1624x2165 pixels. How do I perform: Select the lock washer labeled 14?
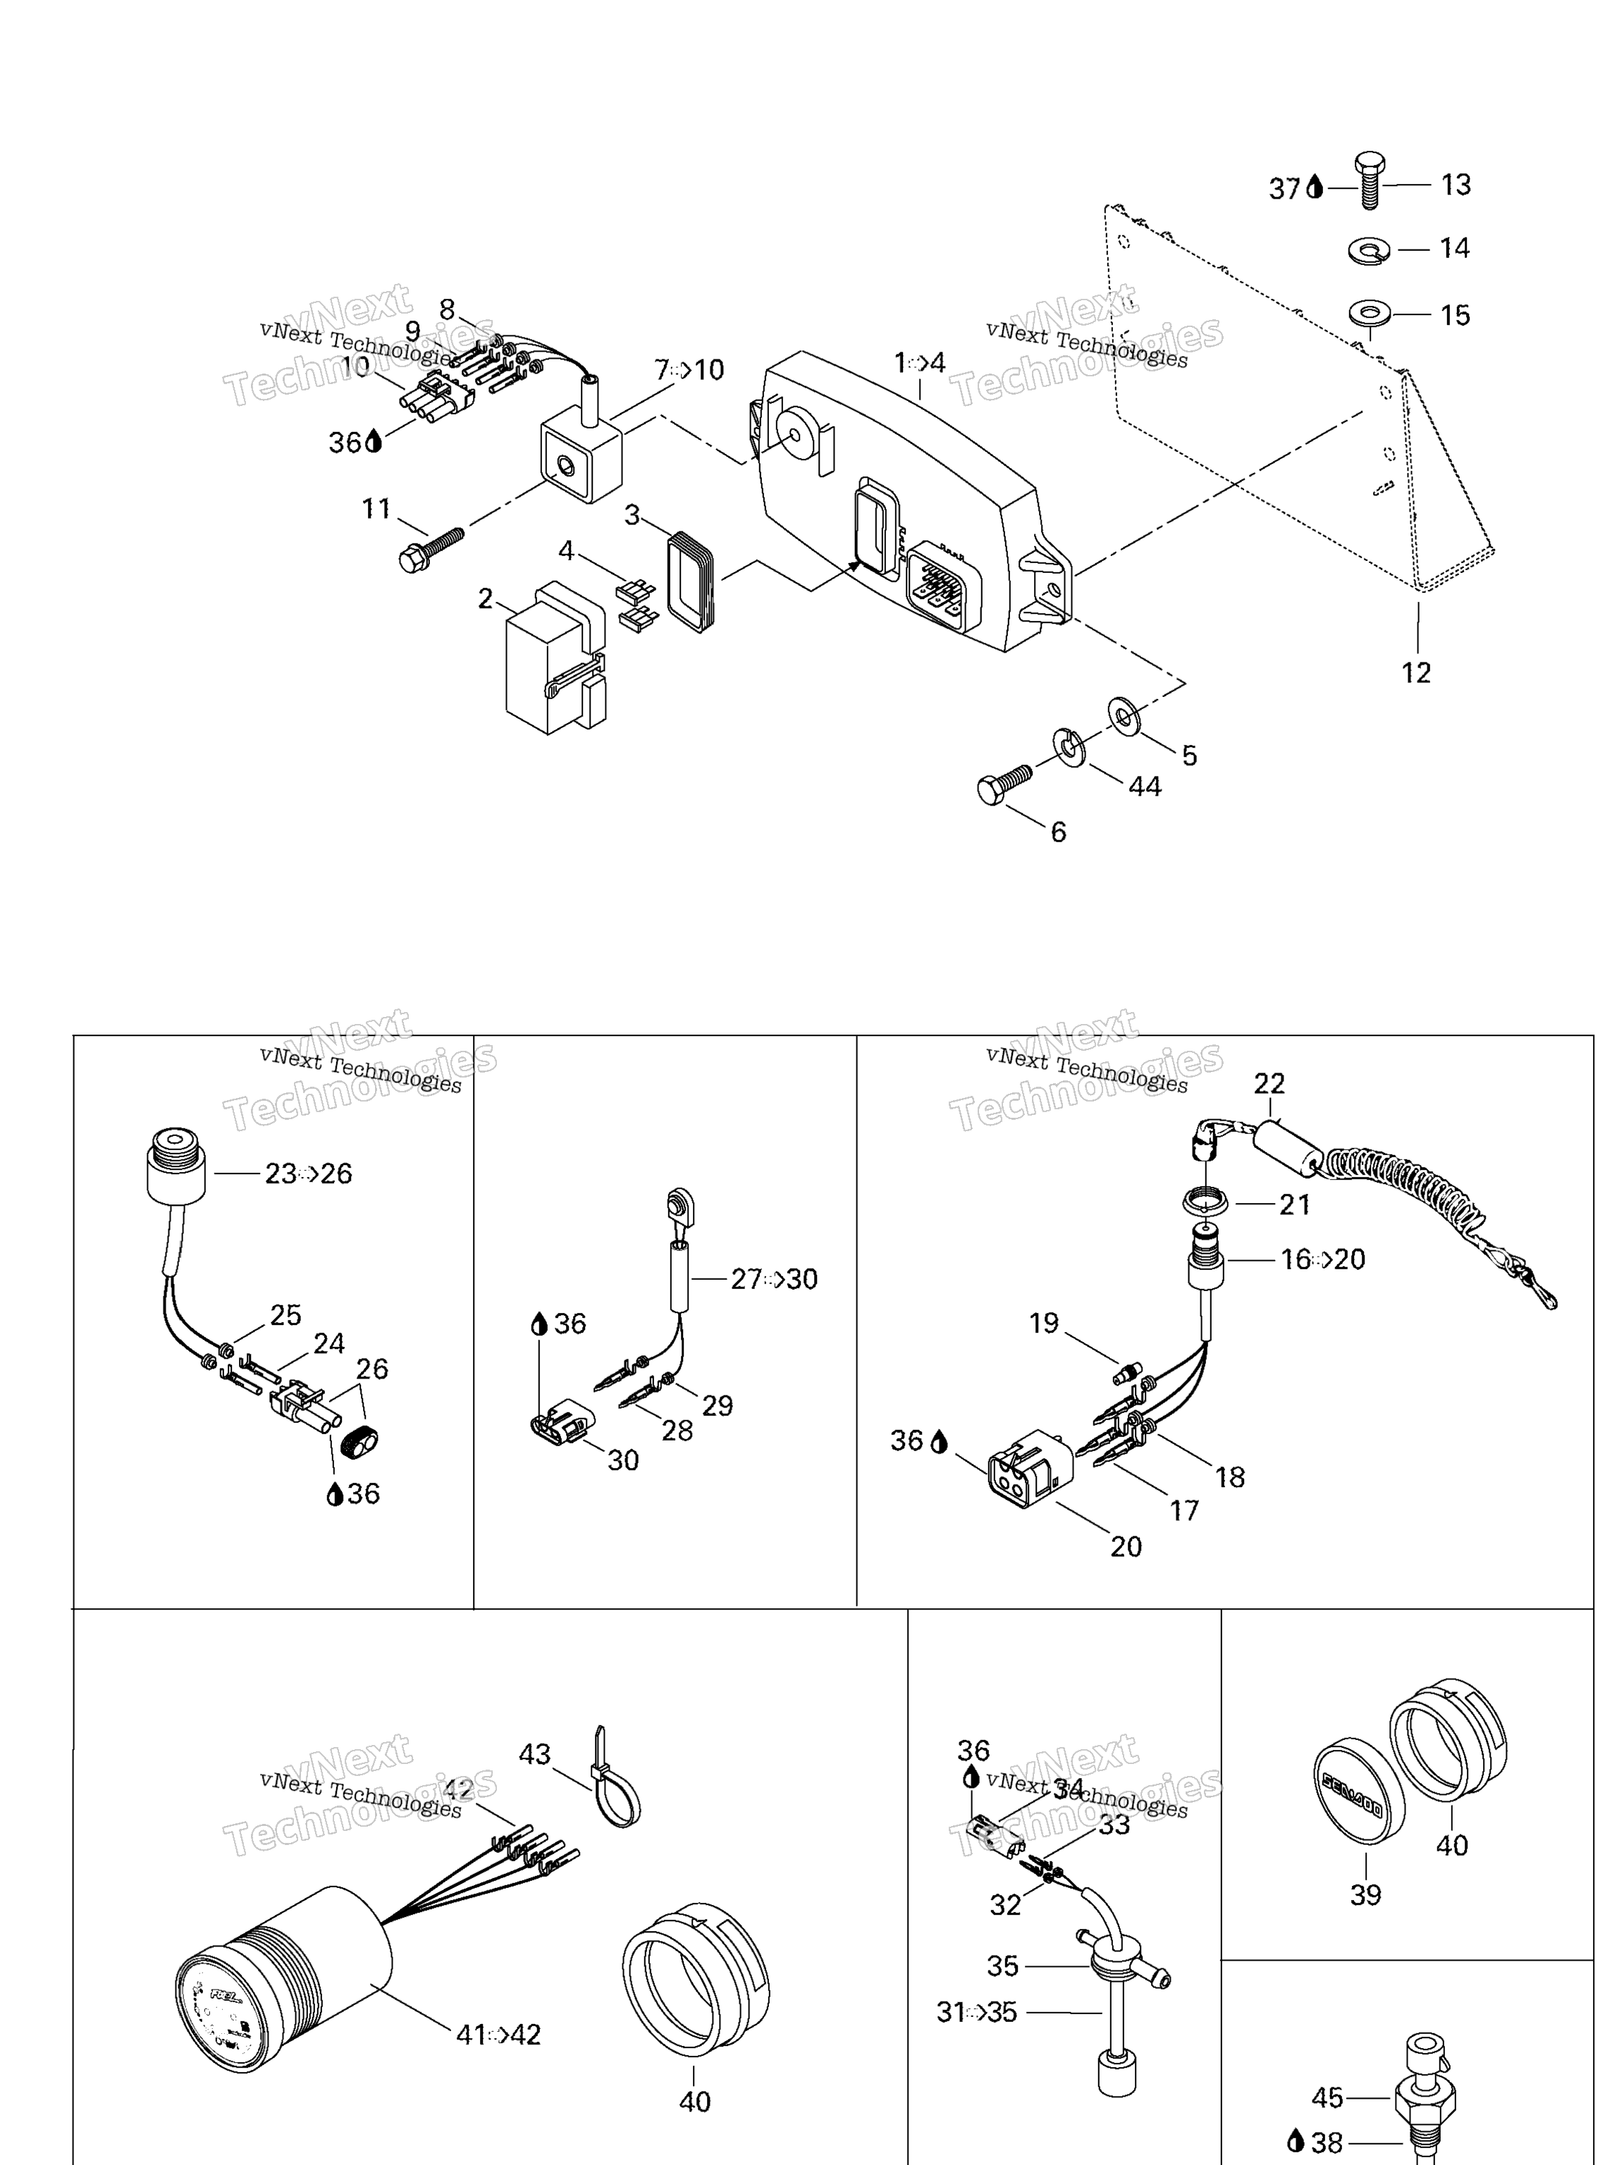click(x=1369, y=251)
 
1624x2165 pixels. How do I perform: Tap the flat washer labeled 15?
click(x=1369, y=315)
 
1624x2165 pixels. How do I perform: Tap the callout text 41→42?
click(x=498, y=2036)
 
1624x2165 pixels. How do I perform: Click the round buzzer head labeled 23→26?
click(x=176, y=1164)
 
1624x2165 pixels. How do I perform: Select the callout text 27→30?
click(x=773, y=1279)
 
